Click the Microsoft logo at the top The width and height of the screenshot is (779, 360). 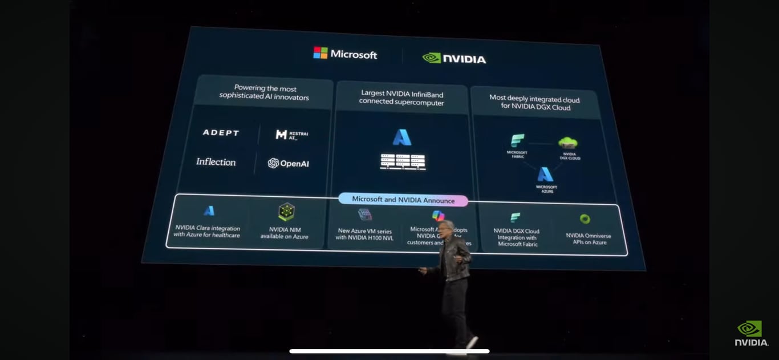click(x=345, y=54)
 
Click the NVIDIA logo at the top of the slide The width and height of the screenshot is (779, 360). click(x=454, y=58)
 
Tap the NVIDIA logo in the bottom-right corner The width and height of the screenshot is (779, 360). click(x=750, y=333)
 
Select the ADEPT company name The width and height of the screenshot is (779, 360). click(x=221, y=132)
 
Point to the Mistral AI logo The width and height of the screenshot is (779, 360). click(x=291, y=135)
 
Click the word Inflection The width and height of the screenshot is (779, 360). click(x=216, y=162)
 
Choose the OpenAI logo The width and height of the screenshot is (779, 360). click(x=289, y=163)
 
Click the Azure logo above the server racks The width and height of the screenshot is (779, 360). click(x=402, y=137)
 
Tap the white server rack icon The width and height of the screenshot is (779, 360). click(x=403, y=161)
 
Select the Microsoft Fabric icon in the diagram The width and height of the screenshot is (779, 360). click(x=517, y=141)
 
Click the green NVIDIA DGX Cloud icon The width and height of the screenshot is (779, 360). click(x=568, y=143)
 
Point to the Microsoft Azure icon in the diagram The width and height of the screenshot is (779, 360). click(x=546, y=175)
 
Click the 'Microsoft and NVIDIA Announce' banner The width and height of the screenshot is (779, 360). click(x=403, y=200)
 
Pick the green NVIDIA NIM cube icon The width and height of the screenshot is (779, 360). click(x=286, y=212)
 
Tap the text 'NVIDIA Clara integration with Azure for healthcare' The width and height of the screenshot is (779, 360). click(x=207, y=231)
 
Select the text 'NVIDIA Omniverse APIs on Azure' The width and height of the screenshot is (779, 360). click(x=588, y=238)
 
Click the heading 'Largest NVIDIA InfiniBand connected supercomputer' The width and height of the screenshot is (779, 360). click(x=401, y=98)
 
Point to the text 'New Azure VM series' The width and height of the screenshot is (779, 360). click(x=364, y=231)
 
